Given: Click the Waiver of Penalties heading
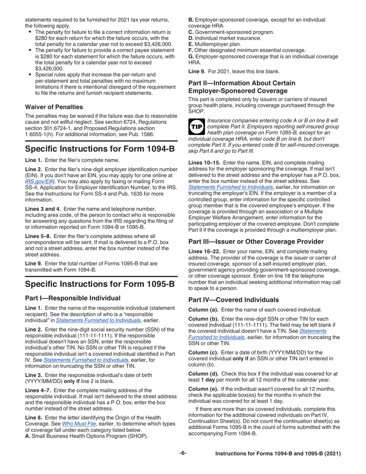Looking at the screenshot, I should pos(52,106).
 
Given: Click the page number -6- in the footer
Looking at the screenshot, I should pos(183,454).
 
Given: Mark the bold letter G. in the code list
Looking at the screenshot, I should pos(190,56).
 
